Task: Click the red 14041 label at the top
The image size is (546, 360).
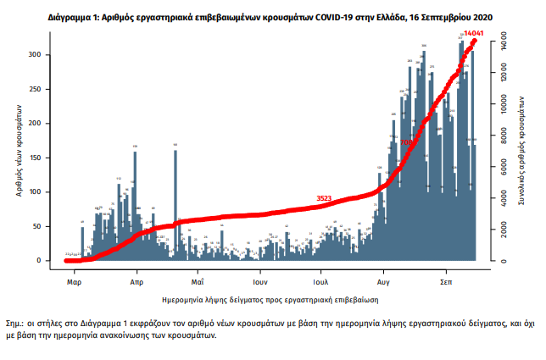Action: click(473, 35)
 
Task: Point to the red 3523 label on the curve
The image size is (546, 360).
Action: click(324, 198)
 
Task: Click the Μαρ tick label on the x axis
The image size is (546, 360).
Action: click(74, 280)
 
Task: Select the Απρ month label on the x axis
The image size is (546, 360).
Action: click(136, 280)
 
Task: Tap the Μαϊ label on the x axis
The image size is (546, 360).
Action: click(197, 280)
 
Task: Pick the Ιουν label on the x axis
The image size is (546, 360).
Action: click(259, 280)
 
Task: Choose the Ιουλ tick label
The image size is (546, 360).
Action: click(320, 280)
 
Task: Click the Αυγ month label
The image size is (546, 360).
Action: click(383, 280)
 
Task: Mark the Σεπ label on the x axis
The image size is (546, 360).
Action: click(445, 280)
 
